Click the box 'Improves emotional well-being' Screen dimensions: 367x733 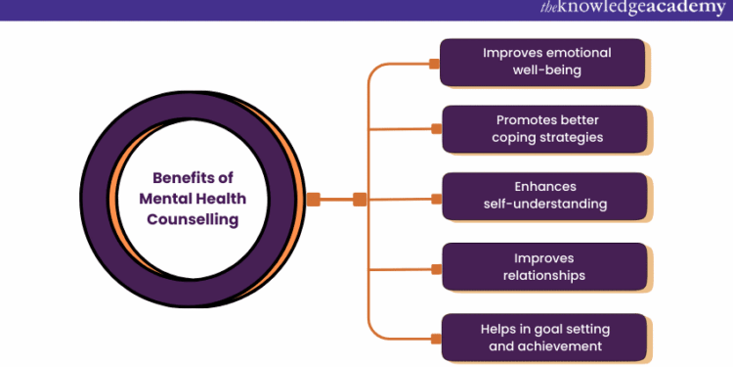coord(544,62)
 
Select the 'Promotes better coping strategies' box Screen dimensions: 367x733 coord(544,128)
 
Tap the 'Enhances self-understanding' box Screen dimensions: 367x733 coord(544,196)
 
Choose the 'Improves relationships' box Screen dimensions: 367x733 coord(544,266)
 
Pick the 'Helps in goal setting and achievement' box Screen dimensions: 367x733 coord(544,337)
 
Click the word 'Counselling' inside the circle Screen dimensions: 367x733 coord(193,220)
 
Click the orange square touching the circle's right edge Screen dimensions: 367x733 coord(314,199)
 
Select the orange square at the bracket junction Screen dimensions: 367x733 coord(360,199)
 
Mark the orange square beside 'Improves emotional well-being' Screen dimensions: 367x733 coord(435,64)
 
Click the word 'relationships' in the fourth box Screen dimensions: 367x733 coord(544,275)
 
